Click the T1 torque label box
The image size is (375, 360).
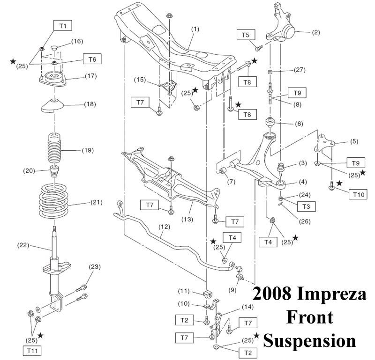(x=62, y=25)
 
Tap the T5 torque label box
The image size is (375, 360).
(x=246, y=35)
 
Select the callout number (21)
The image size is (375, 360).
(x=97, y=203)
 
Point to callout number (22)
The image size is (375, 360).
(x=23, y=244)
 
